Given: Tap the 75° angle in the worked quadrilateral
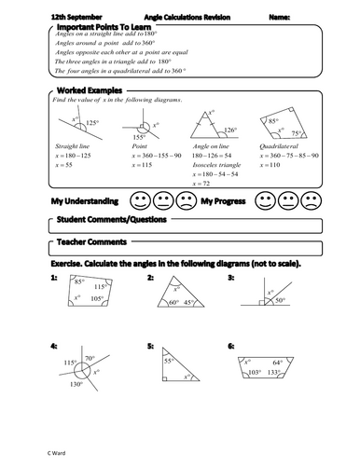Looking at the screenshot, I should [297, 133].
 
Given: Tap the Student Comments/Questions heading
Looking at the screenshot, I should [107, 220].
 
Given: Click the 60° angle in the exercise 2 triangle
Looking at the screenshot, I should [173, 302].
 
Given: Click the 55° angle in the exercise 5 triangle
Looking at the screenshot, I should [169, 359].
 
